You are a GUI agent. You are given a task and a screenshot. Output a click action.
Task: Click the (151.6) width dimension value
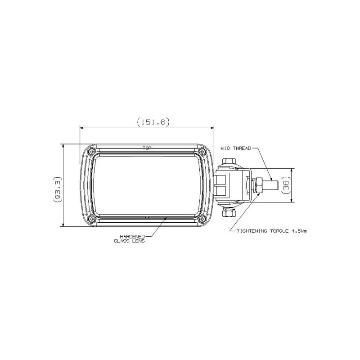coord(153,122)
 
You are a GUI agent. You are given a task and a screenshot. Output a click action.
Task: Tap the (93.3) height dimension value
coord(58,189)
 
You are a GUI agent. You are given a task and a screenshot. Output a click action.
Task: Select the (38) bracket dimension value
coord(285,185)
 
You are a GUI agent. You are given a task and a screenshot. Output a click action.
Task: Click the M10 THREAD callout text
coord(236,148)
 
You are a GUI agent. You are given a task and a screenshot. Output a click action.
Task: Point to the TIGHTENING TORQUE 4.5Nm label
coord(272,231)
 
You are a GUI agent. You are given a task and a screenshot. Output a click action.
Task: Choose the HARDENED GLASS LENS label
coord(130,238)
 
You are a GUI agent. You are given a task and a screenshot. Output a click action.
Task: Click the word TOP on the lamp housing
coord(147,148)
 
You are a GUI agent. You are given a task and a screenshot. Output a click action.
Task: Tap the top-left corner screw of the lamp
coord(92,152)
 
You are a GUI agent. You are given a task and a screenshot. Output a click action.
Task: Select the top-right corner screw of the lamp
coord(202,152)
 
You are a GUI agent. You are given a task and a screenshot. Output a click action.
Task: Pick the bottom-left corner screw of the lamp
coord(92,219)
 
